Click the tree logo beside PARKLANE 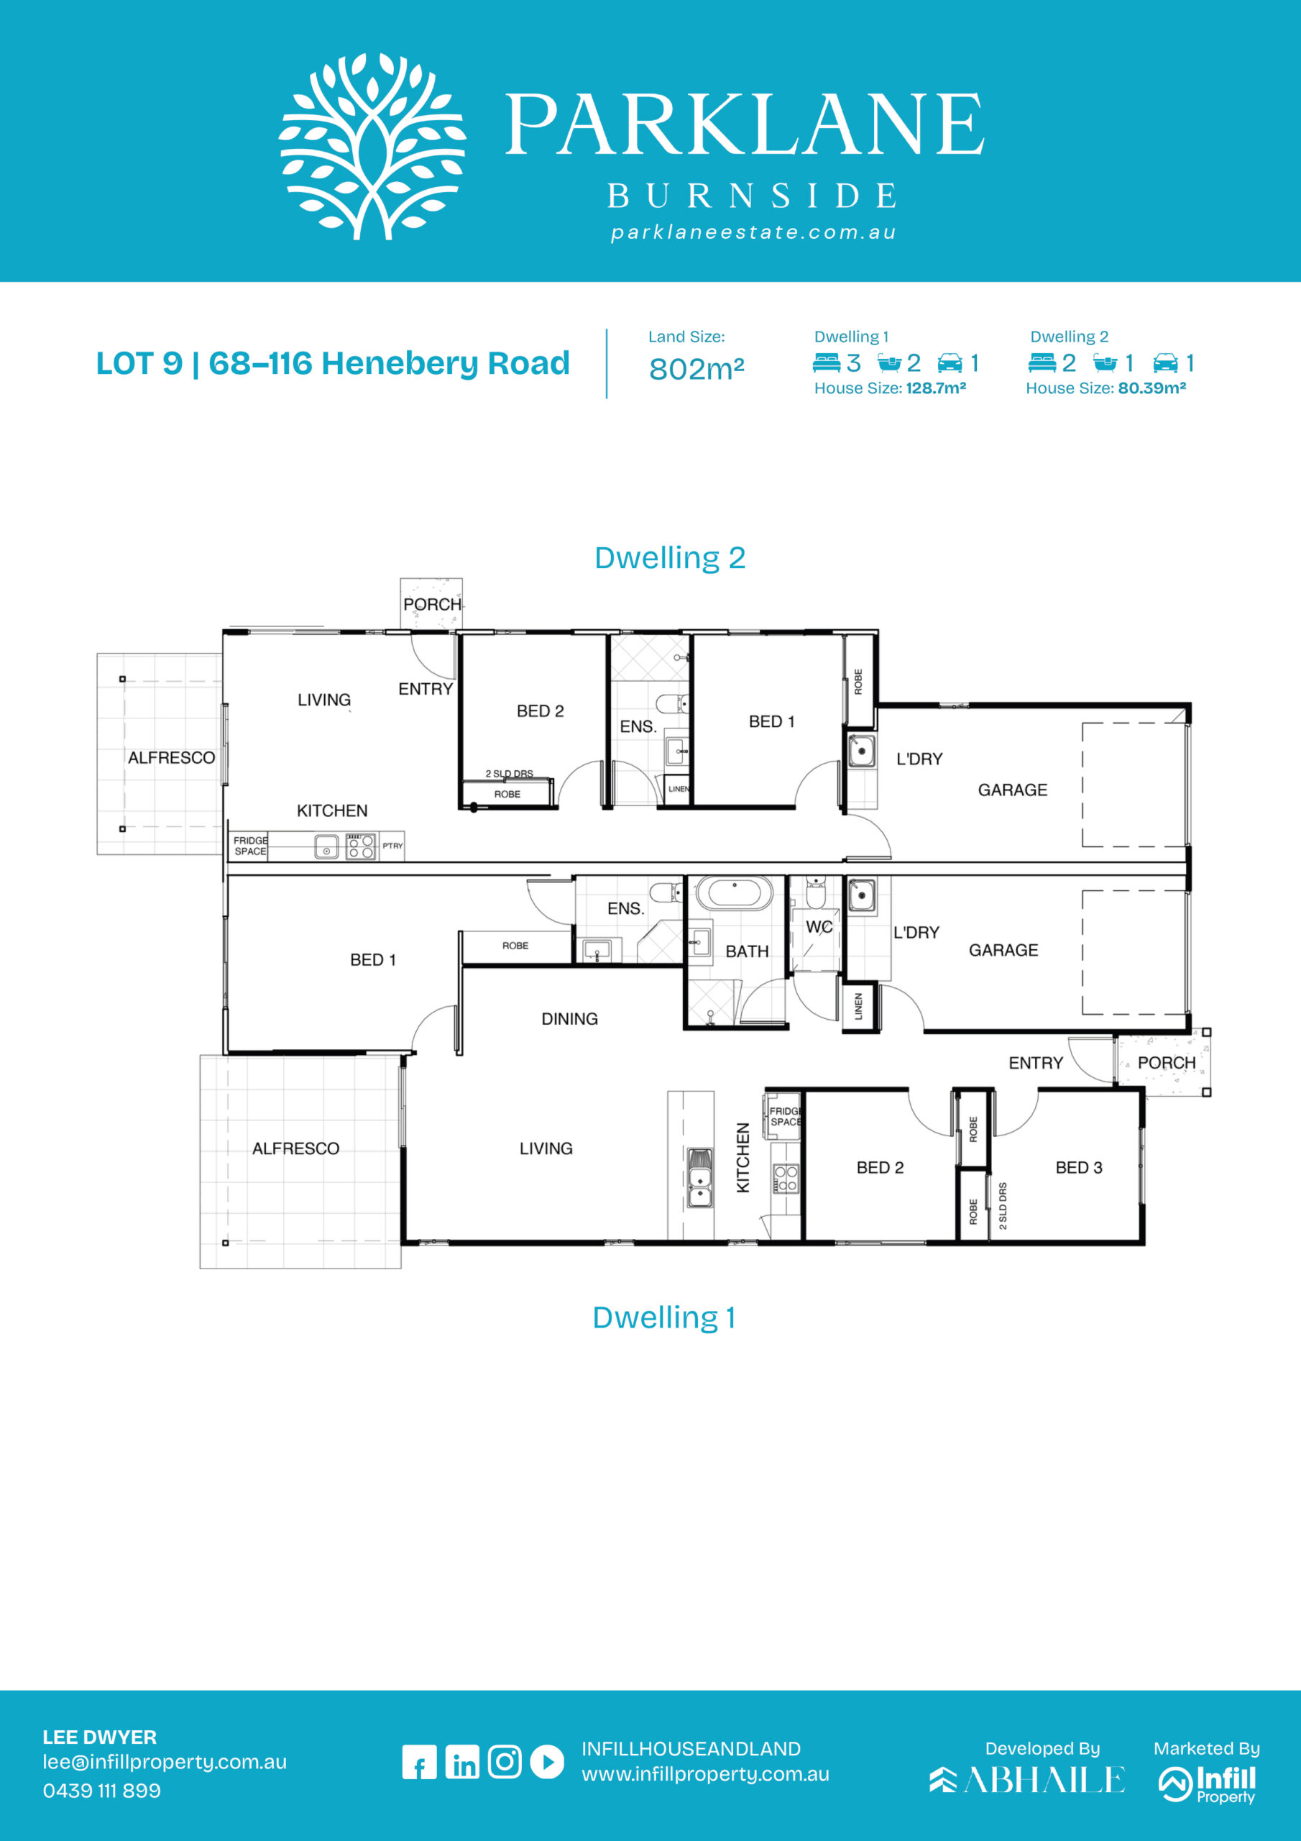(372, 147)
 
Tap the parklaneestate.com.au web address (753, 232)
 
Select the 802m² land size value (697, 369)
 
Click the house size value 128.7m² (935, 388)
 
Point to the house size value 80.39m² (1152, 388)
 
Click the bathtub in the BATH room (733, 893)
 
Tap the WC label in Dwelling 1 (819, 927)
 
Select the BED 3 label (1079, 1167)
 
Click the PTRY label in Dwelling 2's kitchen (392, 846)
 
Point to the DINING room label (570, 1019)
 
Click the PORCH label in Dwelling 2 (432, 605)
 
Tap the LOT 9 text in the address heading (139, 363)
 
